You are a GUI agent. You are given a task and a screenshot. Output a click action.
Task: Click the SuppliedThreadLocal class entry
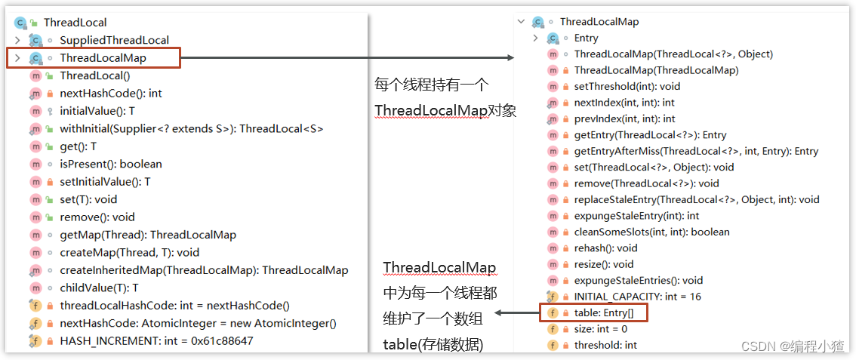click(x=114, y=40)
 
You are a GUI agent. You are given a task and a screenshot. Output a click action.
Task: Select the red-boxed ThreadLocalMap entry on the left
click(x=103, y=58)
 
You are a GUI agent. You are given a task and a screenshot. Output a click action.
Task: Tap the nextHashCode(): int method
click(x=110, y=94)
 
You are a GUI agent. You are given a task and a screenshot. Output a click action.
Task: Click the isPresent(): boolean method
click(x=110, y=164)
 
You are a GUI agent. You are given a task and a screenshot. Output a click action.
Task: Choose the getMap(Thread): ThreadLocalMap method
click(x=147, y=235)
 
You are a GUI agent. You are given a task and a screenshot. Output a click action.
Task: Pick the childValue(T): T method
click(x=99, y=288)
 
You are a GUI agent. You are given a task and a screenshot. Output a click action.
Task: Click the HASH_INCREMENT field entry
click(x=156, y=340)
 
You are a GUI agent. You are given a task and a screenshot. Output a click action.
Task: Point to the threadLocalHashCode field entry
click(x=174, y=306)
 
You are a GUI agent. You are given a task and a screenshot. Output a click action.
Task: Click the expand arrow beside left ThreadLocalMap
click(x=17, y=58)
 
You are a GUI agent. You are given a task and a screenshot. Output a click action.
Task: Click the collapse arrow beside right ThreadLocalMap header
click(x=521, y=22)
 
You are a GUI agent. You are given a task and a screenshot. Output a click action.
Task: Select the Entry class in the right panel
click(x=586, y=38)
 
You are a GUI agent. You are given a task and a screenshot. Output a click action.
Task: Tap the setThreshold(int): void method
click(x=627, y=86)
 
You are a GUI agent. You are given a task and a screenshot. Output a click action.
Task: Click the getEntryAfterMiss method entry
click(x=696, y=151)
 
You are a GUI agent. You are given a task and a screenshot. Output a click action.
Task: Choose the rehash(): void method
click(x=605, y=248)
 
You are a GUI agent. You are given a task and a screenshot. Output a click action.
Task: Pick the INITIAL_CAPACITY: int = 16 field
click(x=637, y=297)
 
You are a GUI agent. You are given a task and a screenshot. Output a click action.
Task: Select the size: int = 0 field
click(x=600, y=329)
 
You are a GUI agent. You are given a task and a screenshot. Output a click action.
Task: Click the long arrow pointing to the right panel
click(x=347, y=58)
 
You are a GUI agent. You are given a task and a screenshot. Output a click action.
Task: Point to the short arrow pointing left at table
click(x=517, y=312)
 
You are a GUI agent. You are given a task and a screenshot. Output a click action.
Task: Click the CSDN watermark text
click(x=792, y=346)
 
